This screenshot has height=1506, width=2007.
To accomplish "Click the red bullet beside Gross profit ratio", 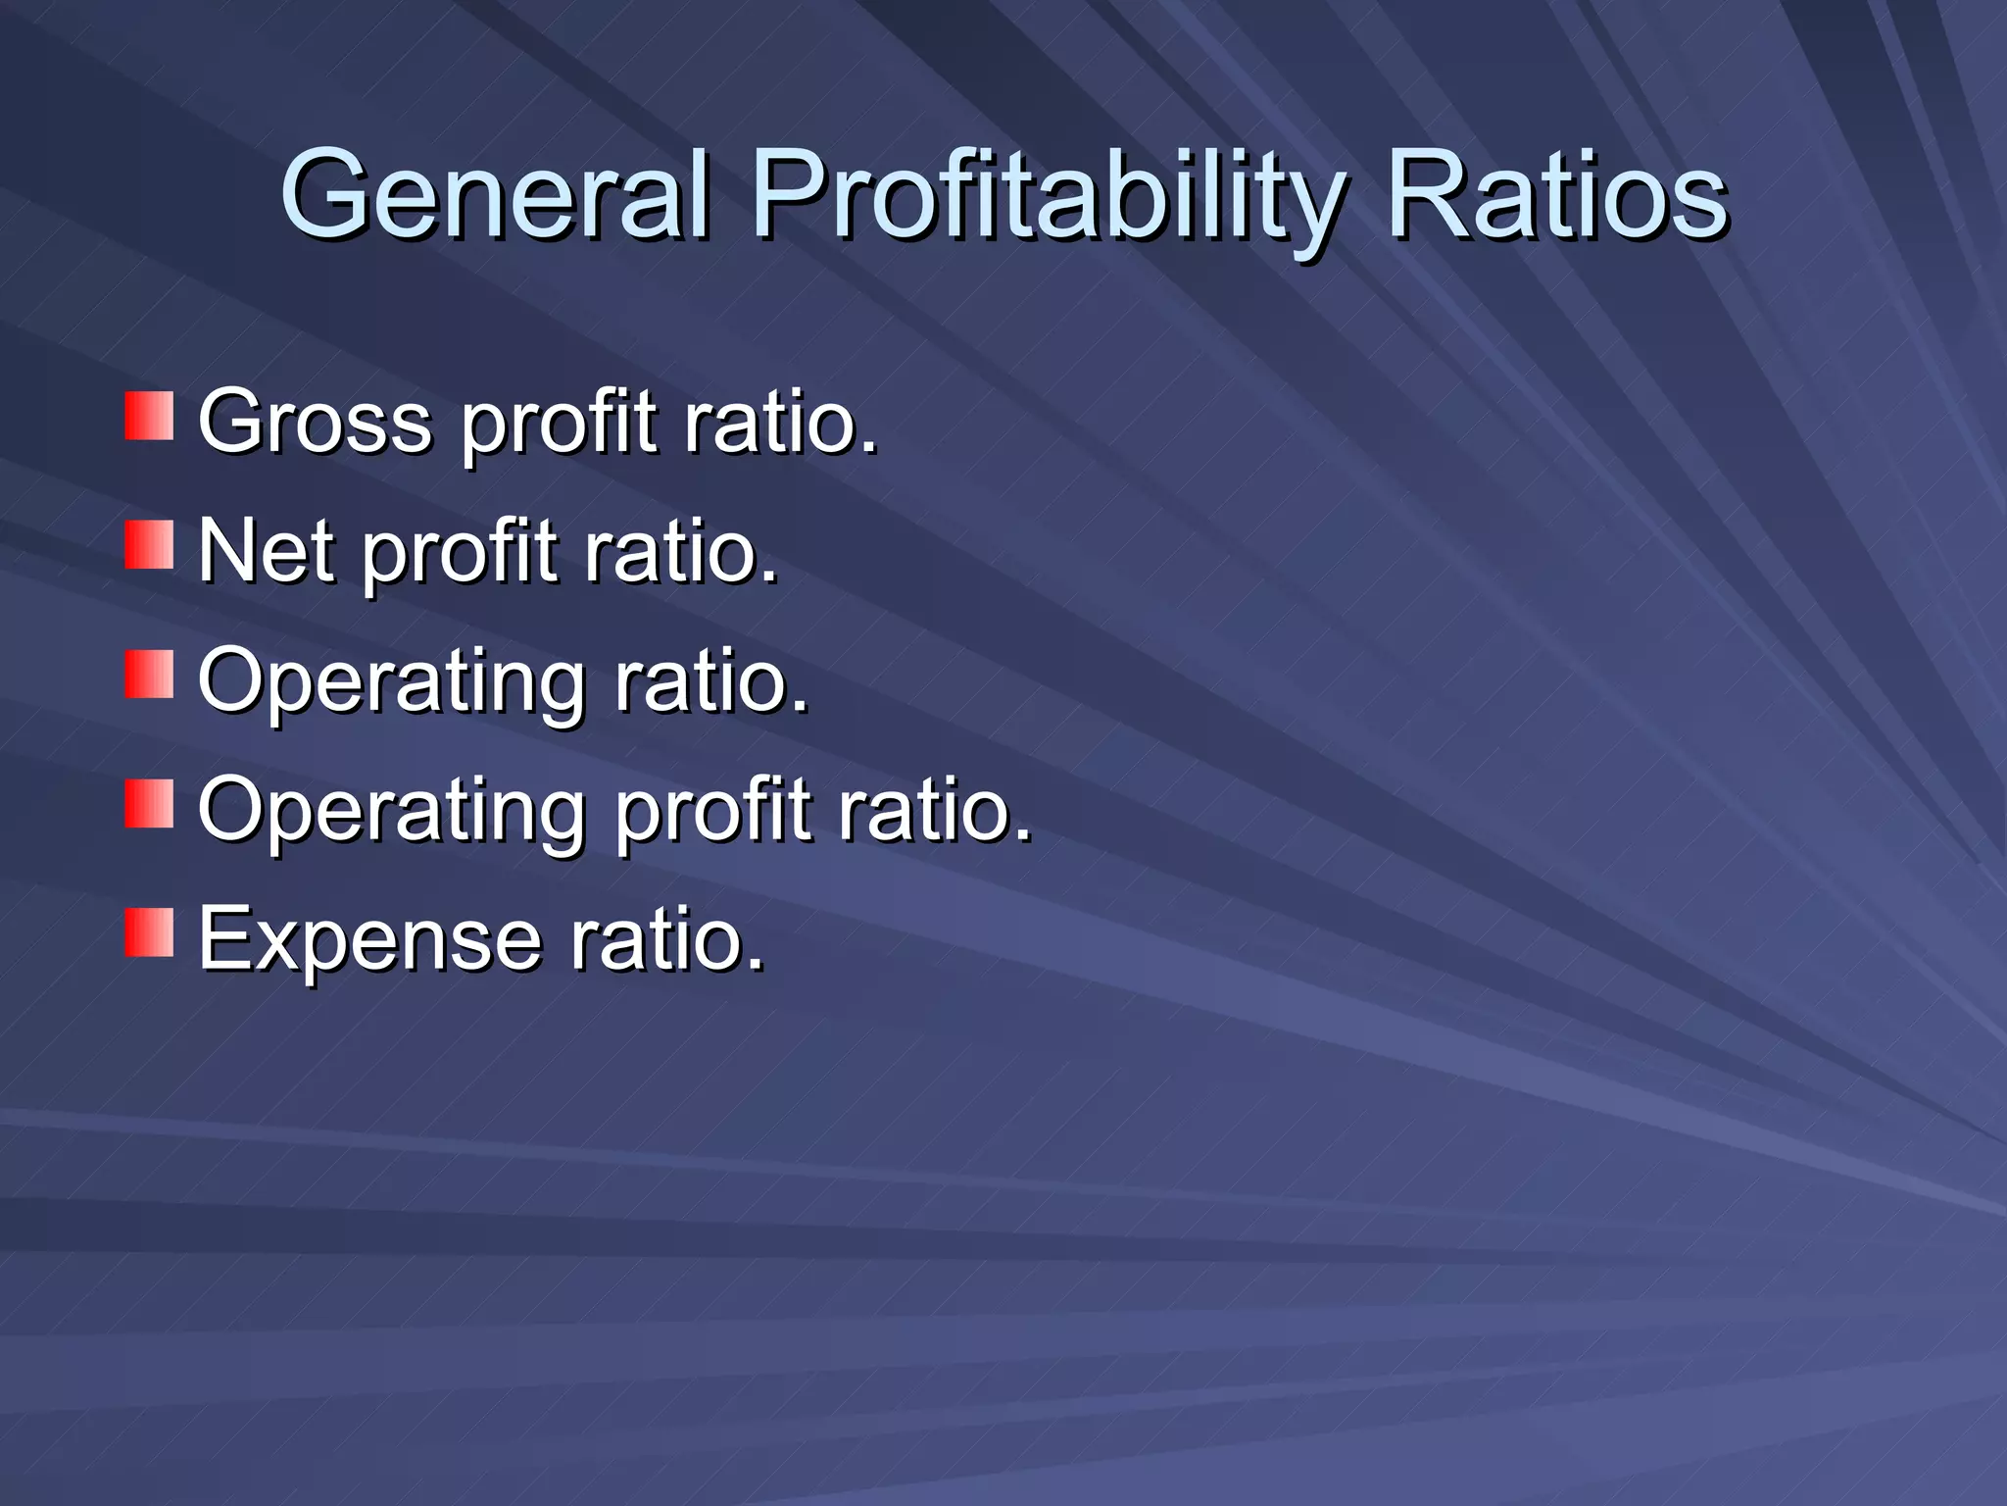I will [x=149, y=416].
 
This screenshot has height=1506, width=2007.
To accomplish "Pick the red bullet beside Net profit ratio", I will [x=149, y=545].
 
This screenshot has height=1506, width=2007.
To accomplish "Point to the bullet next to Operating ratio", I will [x=149, y=675].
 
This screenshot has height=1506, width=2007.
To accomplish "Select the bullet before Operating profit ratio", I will [x=149, y=804].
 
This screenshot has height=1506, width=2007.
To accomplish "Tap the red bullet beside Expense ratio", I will [x=149, y=932].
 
